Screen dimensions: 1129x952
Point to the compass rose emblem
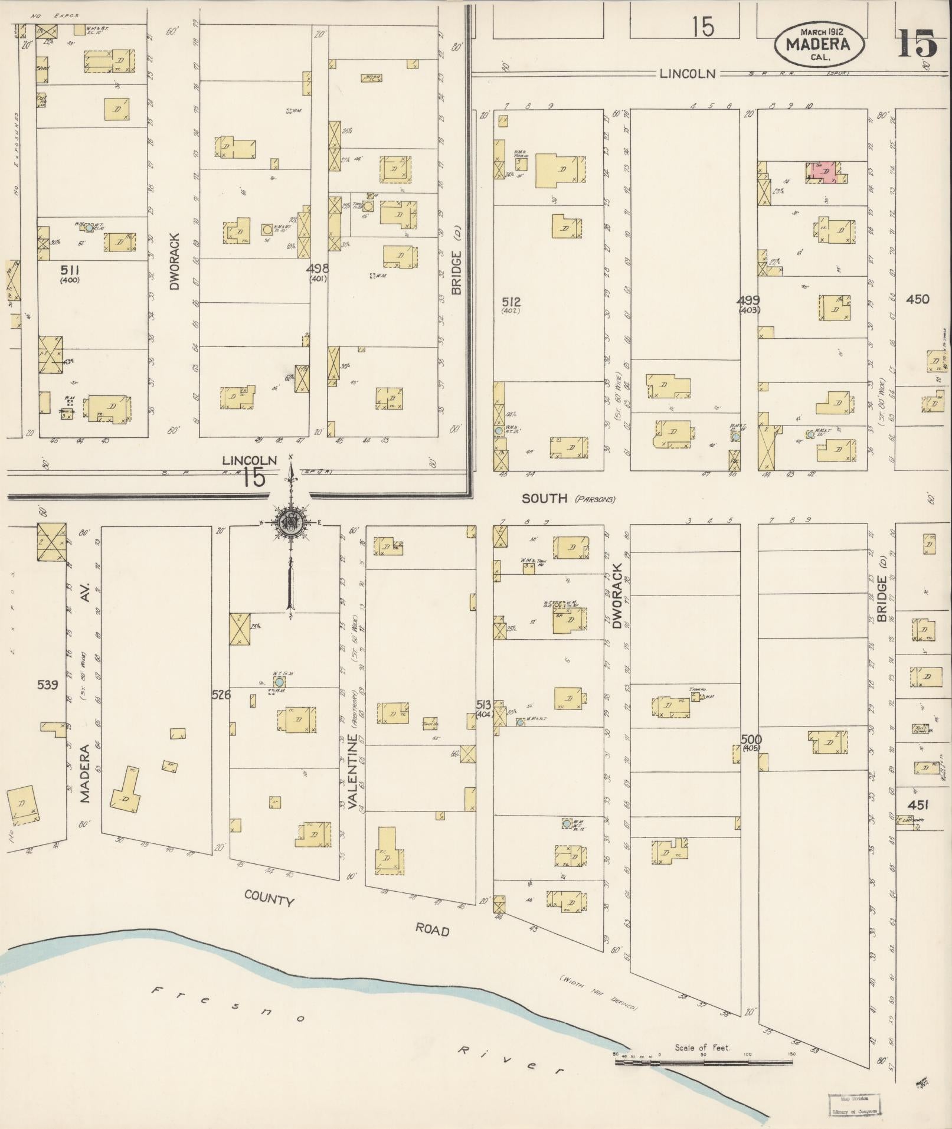coord(290,522)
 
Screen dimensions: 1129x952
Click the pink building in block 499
coord(824,171)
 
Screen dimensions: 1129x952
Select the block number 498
coord(318,269)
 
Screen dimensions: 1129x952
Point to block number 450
coord(917,299)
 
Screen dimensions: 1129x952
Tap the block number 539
coord(47,685)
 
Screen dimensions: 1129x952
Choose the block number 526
coord(221,694)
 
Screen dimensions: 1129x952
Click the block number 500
coord(752,739)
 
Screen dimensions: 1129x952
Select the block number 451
coord(918,805)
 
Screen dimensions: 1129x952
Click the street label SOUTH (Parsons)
coord(567,499)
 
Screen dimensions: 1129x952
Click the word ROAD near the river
coord(432,930)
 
